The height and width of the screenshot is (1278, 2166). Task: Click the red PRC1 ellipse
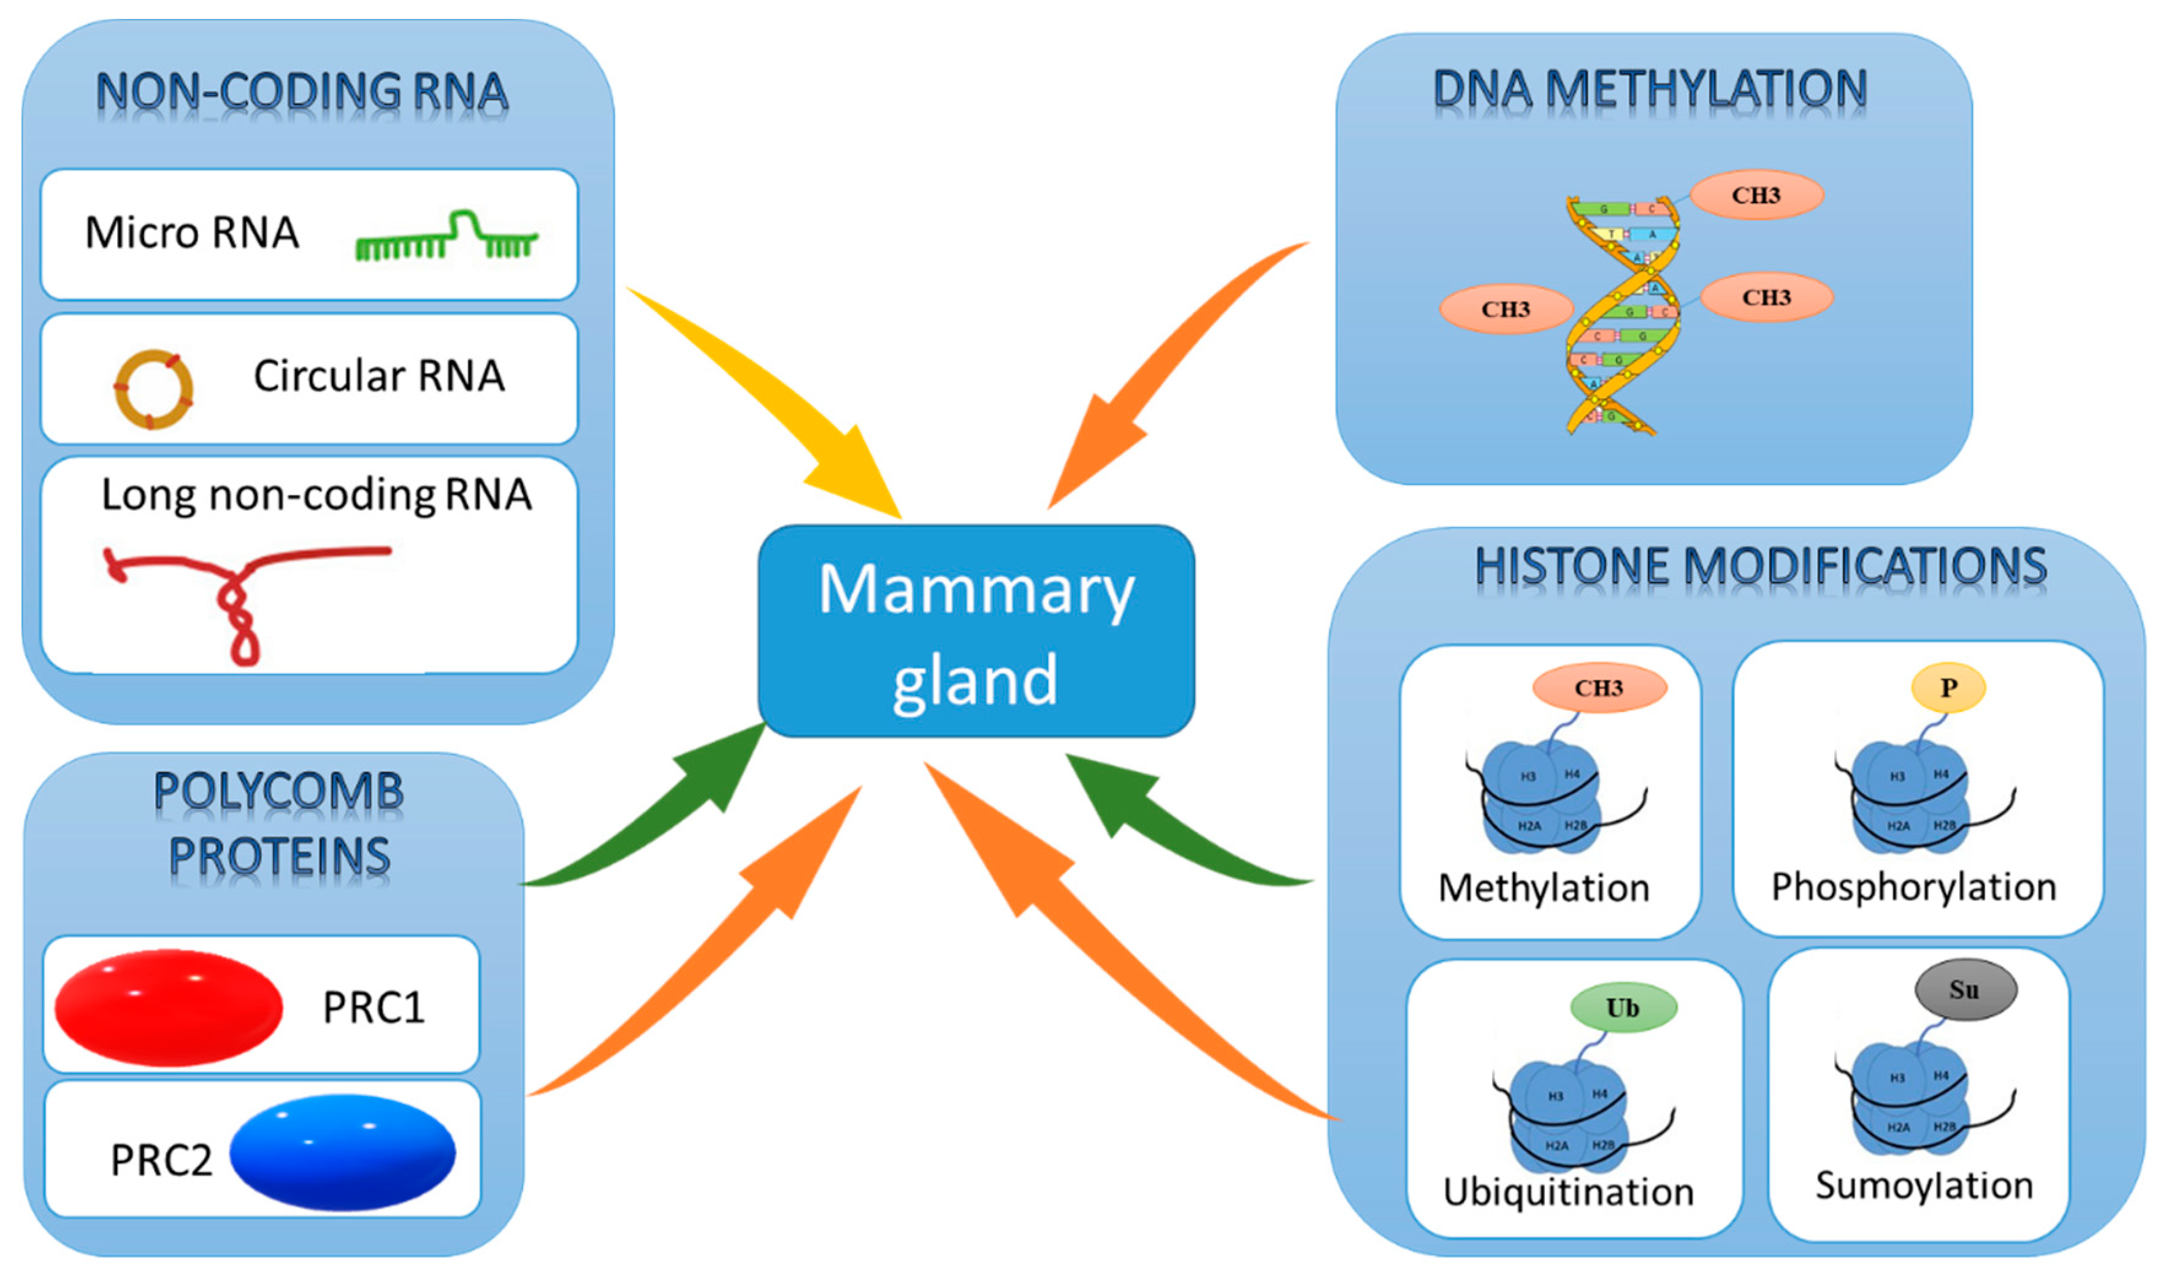(x=169, y=1007)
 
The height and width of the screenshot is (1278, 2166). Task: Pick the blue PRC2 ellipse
(x=343, y=1152)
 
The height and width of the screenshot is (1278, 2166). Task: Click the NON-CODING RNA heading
(x=302, y=93)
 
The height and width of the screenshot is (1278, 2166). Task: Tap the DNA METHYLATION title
(x=1649, y=90)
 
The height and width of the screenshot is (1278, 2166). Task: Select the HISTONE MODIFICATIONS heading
(x=1761, y=567)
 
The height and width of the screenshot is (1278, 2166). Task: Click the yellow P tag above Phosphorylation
(x=1948, y=687)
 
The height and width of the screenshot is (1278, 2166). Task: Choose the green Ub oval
(x=1623, y=1008)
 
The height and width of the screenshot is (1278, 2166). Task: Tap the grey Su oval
(x=1964, y=990)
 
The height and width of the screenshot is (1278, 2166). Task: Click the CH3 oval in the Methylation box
(x=1599, y=687)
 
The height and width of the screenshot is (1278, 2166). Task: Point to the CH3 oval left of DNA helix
(x=1506, y=309)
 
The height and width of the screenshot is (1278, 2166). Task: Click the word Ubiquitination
(x=1568, y=1192)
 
